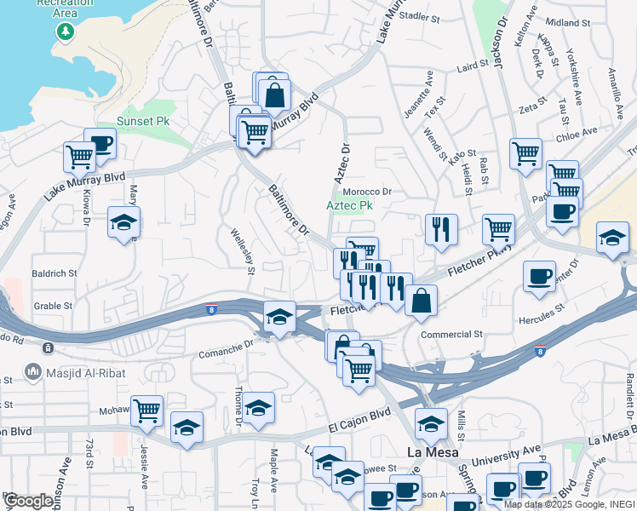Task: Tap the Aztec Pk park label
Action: point(350,206)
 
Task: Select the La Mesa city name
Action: point(428,451)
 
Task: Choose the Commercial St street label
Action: point(451,335)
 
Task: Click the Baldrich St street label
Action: point(55,274)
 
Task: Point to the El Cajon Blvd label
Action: point(361,416)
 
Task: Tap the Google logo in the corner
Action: point(28,501)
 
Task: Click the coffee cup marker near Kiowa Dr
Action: point(100,142)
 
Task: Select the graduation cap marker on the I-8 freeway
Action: point(279,317)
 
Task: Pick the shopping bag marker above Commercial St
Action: point(422,300)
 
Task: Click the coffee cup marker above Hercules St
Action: point(539,276)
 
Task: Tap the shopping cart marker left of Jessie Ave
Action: point(146,410)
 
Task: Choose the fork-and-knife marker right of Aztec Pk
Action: point(441,228)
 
